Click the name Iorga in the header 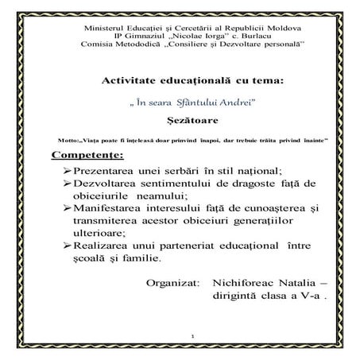(x=213, y=37)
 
